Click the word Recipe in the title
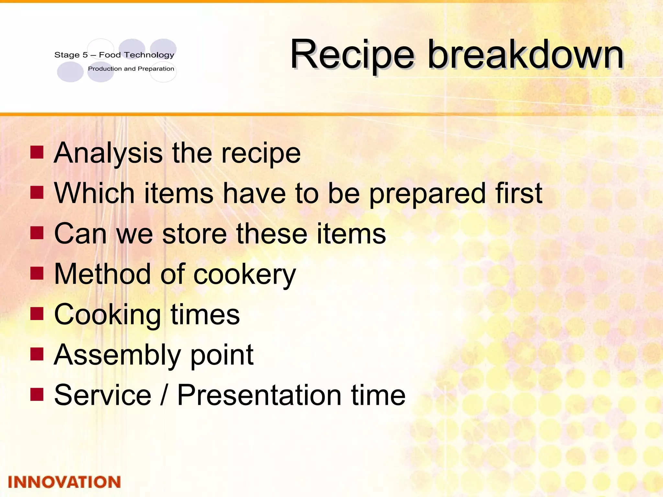(352, 55)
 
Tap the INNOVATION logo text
(64, 482)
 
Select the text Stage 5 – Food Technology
(114, 55)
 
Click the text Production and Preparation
(131, 69)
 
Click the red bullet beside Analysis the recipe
(37, 152)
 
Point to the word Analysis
(108, 153)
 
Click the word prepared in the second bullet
(427, 194)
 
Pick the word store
(194, 234)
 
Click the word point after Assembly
(222, 356)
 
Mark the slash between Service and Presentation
(164, 395)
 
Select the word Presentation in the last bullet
(259, 395)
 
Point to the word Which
(94, 193)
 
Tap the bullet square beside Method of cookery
(37, 273)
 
